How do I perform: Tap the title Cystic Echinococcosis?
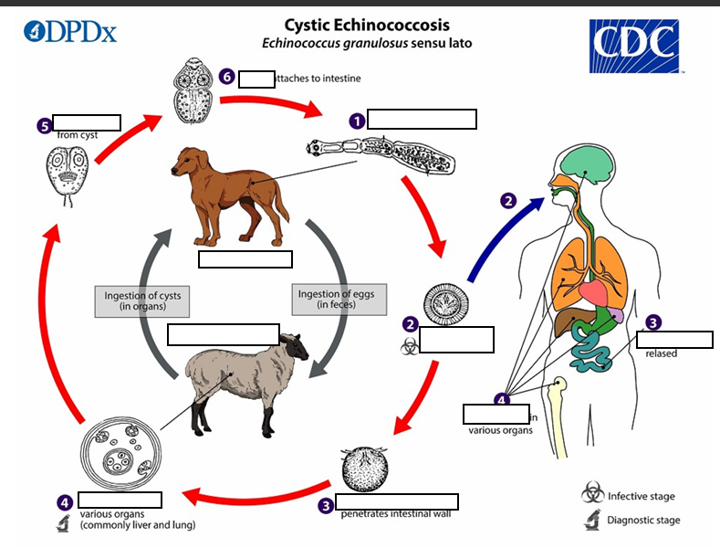click(x=366, y=25)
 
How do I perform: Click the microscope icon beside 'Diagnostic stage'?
click(x=593, y=522)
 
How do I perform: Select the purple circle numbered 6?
click(x=227, y=77)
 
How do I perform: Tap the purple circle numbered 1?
click(x=357, y=120)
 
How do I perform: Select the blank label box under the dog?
click(x=245, y=258)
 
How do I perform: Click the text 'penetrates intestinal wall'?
click(x=395, y=513)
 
